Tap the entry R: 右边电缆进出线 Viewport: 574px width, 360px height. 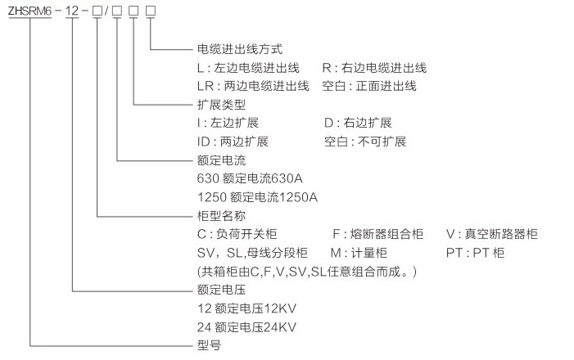[x=374, y=68]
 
